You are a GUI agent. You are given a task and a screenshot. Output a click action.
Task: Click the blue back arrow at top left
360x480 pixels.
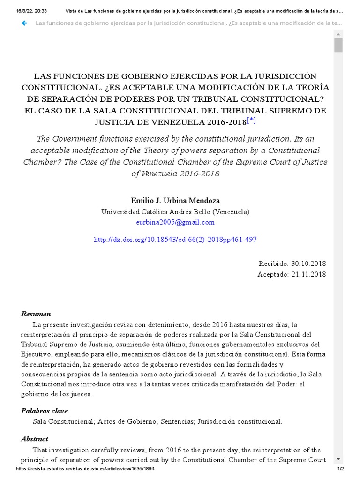[x=24, y=23]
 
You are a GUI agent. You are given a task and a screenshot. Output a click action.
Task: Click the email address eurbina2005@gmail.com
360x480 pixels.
[x=175, y=222]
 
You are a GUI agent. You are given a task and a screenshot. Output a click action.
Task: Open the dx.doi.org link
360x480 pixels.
[x=175, y=240]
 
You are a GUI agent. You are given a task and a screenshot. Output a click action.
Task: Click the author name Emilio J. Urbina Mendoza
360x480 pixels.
[x=175, y=201]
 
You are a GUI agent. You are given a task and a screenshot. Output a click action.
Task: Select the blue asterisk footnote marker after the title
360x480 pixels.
[x=252, y=121]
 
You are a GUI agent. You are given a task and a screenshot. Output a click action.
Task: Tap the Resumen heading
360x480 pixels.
[x=36, y=314]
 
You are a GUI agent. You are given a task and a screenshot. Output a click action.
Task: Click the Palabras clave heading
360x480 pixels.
[x=44, y=411]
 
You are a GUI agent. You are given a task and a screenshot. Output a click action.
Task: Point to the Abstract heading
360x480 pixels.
[x=34, y=439]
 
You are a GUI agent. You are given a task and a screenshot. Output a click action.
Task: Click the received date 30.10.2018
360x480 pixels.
[x=308, y=264]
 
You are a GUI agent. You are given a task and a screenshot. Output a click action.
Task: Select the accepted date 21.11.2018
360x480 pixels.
[x=308, y=275]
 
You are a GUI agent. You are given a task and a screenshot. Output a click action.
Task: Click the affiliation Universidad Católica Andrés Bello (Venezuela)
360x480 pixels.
[x=175, y=212]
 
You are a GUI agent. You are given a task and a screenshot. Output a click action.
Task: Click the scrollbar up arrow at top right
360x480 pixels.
[x=338, y=34]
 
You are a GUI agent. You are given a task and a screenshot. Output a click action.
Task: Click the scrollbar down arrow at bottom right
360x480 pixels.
[x=338, y=459]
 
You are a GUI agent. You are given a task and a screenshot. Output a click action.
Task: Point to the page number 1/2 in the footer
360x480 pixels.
[x=341, y=469]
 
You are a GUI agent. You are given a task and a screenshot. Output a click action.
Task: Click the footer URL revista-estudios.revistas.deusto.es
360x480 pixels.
[x=85, y=469]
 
